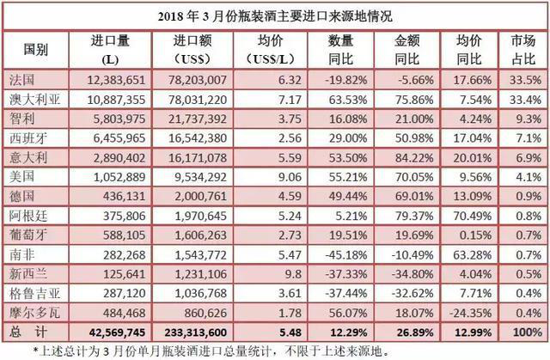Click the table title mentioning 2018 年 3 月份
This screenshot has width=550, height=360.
tap(275, 14)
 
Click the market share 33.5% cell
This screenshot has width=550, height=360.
tap(527, 79)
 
